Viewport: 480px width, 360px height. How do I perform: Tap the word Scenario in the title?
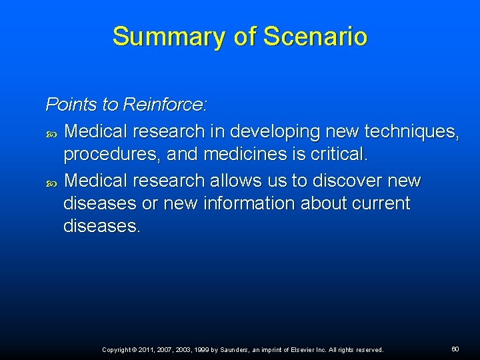click(315, 36)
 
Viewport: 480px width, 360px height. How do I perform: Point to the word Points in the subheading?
click(71, 105)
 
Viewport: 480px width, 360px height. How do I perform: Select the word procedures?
click(111, 155)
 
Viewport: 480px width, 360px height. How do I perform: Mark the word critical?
click(337, 154)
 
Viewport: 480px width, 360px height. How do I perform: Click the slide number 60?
click(455, 349)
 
